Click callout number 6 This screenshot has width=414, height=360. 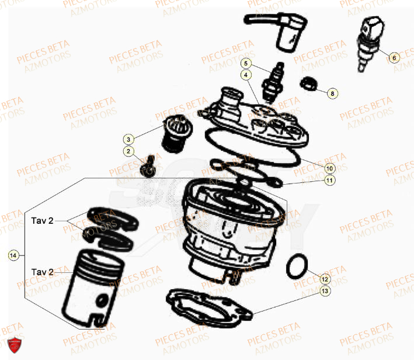pos(393,57)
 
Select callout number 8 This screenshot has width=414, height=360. pos(332,93)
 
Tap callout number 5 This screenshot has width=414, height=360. pos(246,63)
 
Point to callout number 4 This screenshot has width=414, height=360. pos(246,75)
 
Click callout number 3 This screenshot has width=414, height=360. pos(128,139)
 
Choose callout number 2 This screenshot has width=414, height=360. pos(128,152)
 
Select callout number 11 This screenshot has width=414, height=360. pos(329,181)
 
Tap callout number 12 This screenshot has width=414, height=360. pos(325,279)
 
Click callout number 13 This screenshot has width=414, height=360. pos(325,290)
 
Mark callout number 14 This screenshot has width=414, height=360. pos(13,255)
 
